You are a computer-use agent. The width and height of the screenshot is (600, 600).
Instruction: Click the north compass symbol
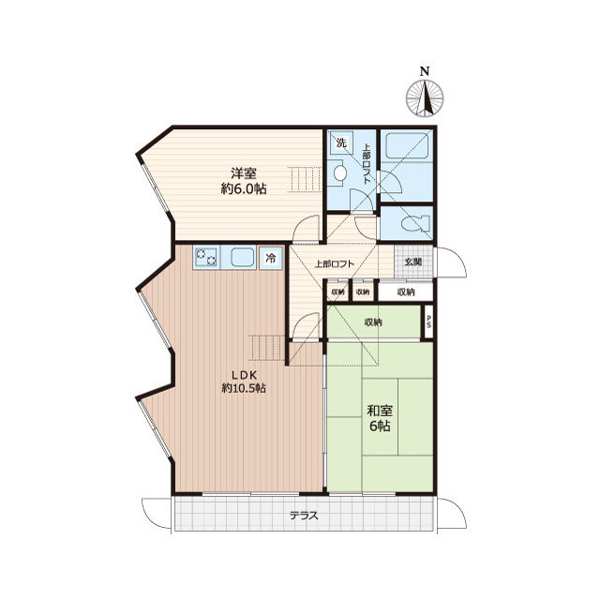click(425, 97)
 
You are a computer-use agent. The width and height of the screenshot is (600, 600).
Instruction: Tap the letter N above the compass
click(425, 71)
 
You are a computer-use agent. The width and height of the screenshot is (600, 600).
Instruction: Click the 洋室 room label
click(244, 173)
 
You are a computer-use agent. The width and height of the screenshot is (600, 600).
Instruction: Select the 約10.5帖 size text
click(244, 388)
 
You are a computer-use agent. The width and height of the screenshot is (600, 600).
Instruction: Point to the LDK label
click(244, 375)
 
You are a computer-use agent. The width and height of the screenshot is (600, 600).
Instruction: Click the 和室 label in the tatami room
click(380, 412)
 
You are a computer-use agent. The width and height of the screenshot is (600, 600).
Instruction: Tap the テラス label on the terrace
click(304, 516)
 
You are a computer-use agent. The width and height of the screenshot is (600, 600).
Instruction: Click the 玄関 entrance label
click(412, 262)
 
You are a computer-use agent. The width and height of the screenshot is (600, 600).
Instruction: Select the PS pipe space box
click(428, 322)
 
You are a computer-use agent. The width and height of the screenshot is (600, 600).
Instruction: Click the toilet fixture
click(414, 223)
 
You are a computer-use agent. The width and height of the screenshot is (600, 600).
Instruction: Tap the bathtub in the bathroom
click(406, 145)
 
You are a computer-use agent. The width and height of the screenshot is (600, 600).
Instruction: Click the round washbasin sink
click(339, 173)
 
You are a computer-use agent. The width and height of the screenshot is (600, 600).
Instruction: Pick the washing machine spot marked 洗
click(341, 143)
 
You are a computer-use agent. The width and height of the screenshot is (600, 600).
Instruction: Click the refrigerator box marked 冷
click(271, 259)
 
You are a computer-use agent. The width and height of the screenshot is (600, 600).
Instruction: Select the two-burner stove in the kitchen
click(206, 257)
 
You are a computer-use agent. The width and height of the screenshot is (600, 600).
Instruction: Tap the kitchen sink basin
click(243, 257)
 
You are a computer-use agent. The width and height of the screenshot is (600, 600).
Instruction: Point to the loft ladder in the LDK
click(266, 348)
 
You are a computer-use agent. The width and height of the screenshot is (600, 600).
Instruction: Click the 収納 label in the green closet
click(373, 322)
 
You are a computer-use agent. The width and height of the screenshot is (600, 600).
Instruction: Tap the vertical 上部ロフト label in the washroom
click(366, 163)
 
